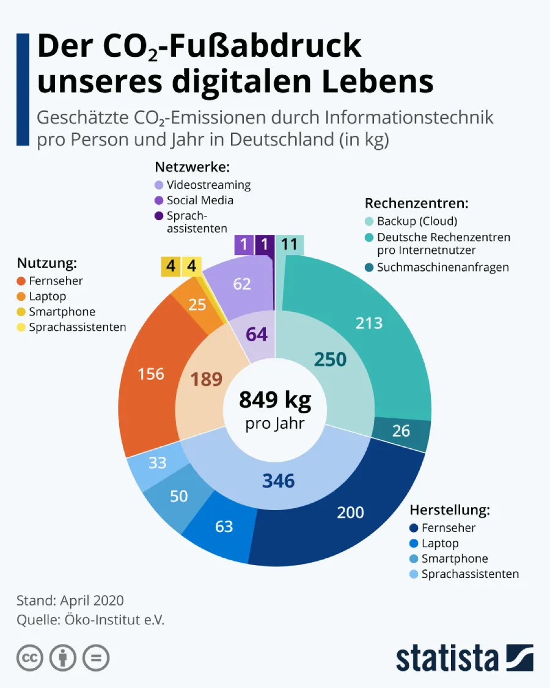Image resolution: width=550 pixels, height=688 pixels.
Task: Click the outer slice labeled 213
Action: pos(369,322)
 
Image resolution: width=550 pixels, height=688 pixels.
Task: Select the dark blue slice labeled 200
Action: pos(350,512)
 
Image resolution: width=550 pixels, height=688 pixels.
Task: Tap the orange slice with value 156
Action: pos(150,373)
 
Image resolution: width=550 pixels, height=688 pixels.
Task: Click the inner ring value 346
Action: pos(278,481)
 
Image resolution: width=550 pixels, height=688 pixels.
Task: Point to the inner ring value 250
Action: pos(330,360)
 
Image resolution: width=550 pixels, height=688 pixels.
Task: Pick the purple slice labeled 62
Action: pos(242,284)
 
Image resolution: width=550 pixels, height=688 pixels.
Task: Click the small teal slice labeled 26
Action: pos(401,431)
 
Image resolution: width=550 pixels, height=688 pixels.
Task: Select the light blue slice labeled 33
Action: pos(157,463)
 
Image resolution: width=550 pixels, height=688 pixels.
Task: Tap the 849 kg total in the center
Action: pos(275,400)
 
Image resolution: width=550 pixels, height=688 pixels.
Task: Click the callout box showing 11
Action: pos(288,245)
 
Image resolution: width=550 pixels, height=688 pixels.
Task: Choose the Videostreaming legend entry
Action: pos(208,185)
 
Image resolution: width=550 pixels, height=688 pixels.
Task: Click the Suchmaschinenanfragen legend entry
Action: pos(442,267)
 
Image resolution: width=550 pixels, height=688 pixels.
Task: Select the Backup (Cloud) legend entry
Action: pos(416,221)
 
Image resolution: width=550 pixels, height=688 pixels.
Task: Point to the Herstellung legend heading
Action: pos(450,509)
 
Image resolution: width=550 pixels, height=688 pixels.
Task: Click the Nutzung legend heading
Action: pos(46,264)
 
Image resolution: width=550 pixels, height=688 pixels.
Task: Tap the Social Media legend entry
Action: pos(199,200)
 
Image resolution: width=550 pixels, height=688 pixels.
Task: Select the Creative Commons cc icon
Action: pos(29,658)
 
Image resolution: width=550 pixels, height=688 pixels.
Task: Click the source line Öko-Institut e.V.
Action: pos(90,619)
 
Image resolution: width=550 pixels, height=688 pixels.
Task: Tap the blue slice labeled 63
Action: pos(224,526)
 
